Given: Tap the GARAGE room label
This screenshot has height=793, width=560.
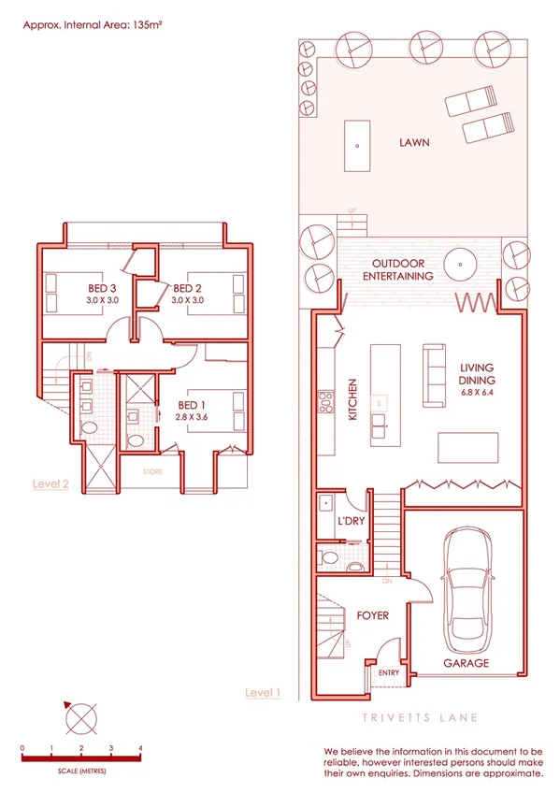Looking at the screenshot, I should (465, 662).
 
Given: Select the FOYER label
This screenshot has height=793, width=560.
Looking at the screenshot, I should (372, 615).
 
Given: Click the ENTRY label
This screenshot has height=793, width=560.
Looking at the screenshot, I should (387, 672).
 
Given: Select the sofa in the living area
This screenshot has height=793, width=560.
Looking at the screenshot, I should (435, 375).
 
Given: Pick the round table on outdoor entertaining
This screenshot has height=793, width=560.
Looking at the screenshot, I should (461, 263).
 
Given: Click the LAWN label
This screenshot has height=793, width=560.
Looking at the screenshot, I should (413, 143).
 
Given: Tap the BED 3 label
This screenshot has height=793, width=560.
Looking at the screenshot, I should (102, 288).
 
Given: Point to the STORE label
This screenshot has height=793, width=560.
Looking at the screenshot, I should (152, 472).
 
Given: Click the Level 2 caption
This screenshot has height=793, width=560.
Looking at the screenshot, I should (50, 483).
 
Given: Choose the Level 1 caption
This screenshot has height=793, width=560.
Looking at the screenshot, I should (263, 692).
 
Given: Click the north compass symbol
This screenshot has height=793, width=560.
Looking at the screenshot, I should (81, 720).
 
